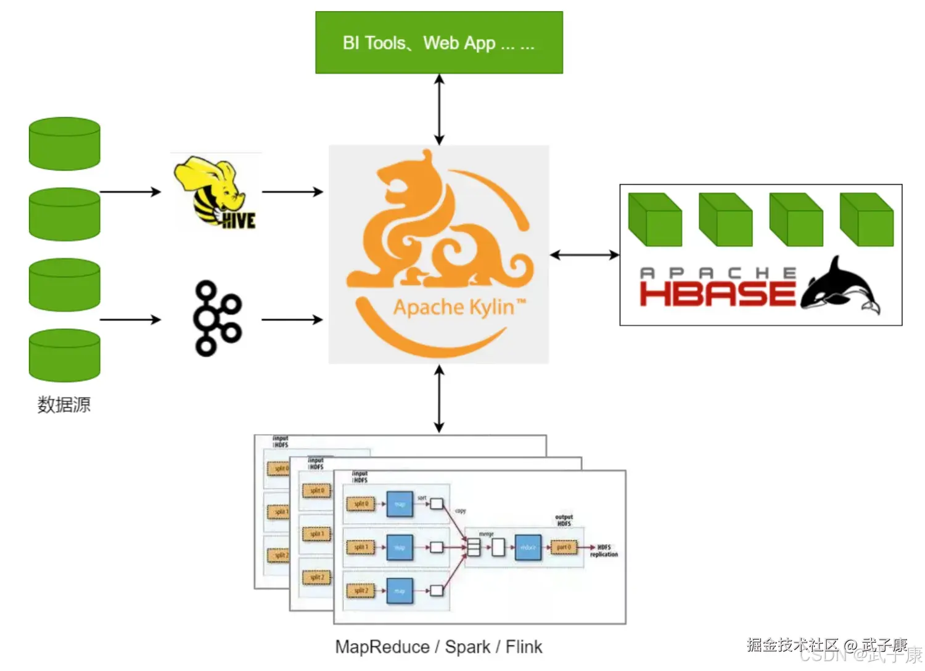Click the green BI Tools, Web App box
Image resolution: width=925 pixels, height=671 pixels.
438,43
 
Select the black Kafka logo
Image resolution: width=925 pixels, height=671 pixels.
216,319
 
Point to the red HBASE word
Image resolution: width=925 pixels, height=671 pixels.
717,294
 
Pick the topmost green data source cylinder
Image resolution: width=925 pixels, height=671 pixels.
65,144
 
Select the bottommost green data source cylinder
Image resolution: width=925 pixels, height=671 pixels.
65,355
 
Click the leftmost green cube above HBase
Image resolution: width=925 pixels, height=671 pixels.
655,220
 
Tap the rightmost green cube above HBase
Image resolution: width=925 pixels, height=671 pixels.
867,220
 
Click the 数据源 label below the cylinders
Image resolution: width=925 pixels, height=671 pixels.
64,405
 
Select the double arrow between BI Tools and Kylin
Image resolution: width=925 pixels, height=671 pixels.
439,110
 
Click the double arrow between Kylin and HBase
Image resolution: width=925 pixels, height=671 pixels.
584,254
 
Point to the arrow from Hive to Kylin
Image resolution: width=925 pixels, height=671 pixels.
292,192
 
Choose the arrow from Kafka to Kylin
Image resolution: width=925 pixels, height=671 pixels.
292,319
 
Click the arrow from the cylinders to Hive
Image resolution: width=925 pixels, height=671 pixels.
130,192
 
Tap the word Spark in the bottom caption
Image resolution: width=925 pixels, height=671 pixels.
467,647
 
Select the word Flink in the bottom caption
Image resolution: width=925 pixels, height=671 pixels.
524,647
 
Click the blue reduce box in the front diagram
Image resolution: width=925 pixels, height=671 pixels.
528,547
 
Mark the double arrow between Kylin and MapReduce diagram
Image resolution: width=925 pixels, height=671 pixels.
439,399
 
